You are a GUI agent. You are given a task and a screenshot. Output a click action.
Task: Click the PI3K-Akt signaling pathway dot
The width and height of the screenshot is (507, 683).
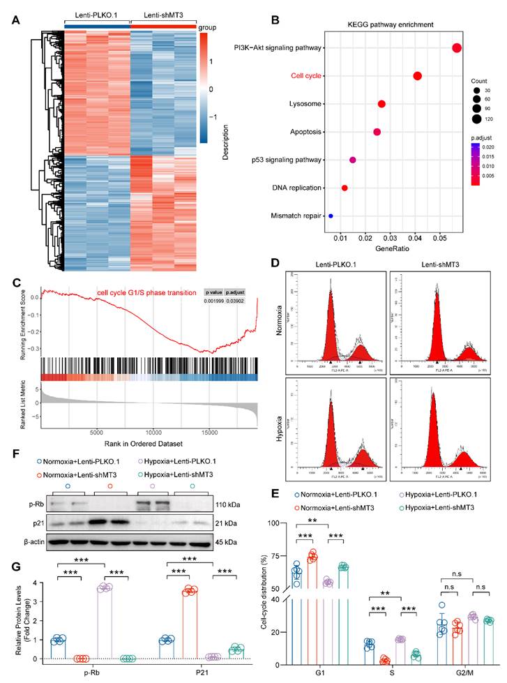coord(457,48)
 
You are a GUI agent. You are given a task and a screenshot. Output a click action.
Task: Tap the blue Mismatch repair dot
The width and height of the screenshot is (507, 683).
coord(331,216)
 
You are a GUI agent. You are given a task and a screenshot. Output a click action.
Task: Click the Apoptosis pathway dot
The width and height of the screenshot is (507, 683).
coord(377,132)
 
